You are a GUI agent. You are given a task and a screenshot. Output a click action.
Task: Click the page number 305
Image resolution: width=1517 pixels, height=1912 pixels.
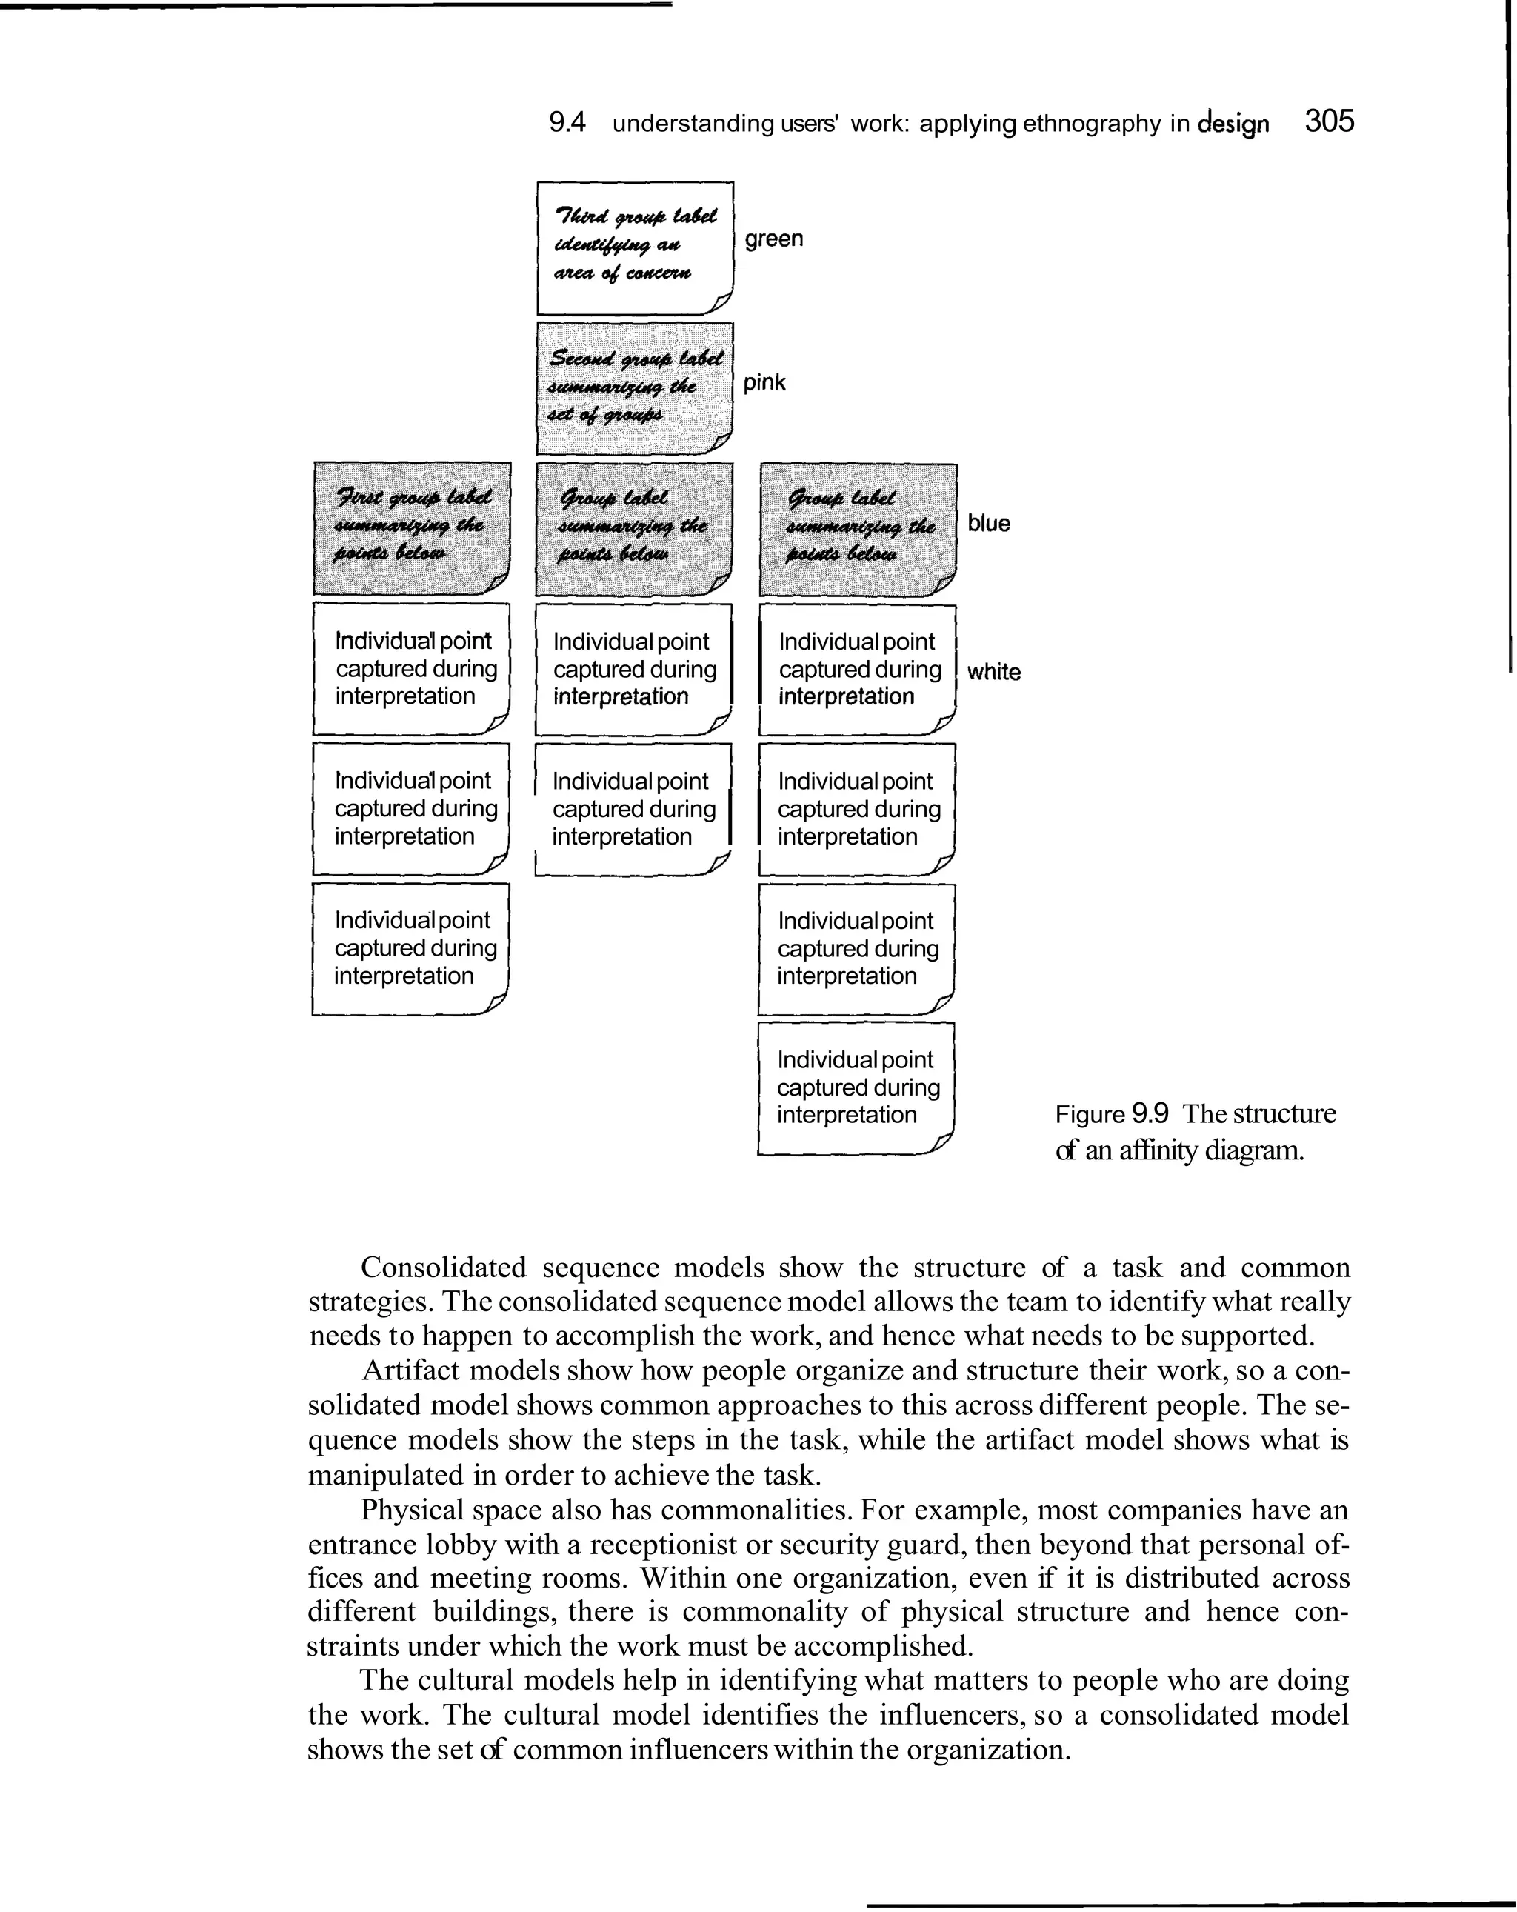[1329, 121]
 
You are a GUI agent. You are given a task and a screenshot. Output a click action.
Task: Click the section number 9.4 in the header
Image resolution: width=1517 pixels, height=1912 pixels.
[567, 122]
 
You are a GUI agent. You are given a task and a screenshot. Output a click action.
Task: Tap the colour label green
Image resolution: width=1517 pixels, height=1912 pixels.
[774, 239]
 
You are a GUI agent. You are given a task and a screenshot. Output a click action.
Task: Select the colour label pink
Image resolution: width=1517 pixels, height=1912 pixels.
[764, 382]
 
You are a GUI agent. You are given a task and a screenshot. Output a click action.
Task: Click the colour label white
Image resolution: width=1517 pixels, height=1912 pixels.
[993, 671]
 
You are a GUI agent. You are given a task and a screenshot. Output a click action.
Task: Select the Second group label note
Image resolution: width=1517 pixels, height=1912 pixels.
[635, 387]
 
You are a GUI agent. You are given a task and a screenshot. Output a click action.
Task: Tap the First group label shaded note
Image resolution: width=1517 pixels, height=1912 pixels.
[411, 527]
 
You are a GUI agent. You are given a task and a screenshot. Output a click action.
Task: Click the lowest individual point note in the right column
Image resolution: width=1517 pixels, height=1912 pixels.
[856, 1088]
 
